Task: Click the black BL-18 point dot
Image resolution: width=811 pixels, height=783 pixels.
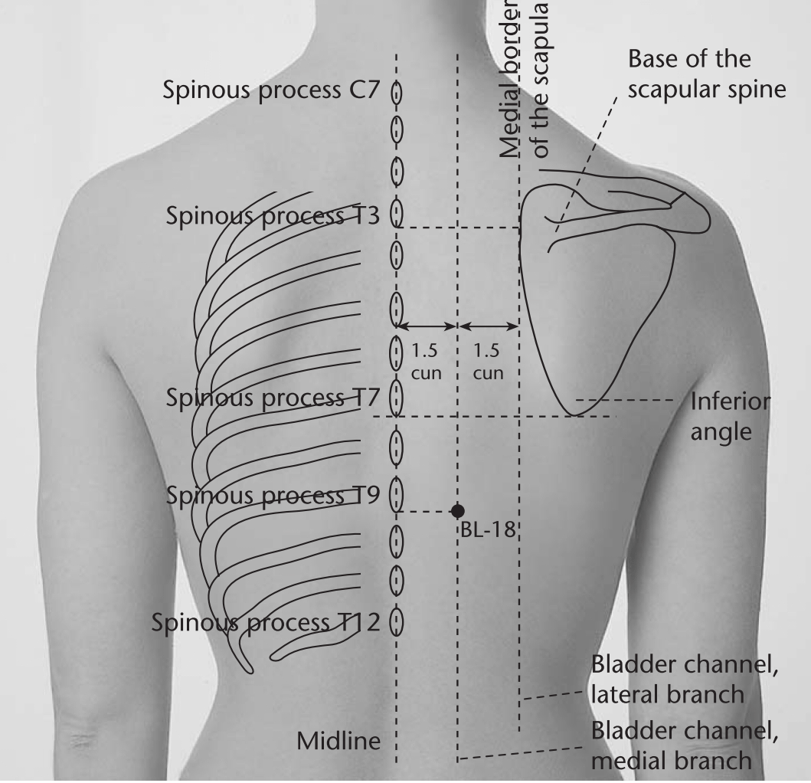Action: pyautogui.click(x=457, y=511)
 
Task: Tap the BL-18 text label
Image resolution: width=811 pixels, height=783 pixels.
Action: pyautogui.click(x=488, y=529)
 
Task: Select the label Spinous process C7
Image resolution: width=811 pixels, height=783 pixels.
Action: pyautogui.click(x=272, y=90)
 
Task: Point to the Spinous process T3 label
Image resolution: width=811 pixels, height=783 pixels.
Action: pyautogui.click(x=273, y=216)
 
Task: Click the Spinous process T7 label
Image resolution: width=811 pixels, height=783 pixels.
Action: pyautogui.click(x=273, y=398)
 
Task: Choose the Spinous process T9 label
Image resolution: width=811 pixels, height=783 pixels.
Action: pyautogui.click(x=273, y=496)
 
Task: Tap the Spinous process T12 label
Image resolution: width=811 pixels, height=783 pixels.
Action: pyautogui.click(x=266, y=623)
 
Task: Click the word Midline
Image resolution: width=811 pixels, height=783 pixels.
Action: pyautogui.click(x=338, y=741)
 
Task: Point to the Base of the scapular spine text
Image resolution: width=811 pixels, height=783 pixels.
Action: pyautogui.click(x=707, y=74)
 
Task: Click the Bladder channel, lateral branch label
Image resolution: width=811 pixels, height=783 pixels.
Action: pyautogui.click(x=685, y=680)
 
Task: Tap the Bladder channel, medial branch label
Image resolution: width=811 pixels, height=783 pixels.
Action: pyautogui.click(x=685, y=745)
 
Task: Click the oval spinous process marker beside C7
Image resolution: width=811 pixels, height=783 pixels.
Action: pyautogui.click(x=397, y=93)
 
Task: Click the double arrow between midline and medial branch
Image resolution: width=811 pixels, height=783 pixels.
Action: pyautogui.click(x=427, y=326)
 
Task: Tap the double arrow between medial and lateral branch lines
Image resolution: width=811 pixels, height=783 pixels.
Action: pyautogui.click(x=489, y=326)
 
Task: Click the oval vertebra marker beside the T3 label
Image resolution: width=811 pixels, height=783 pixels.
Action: pyautogui.click(x=397, y=213)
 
